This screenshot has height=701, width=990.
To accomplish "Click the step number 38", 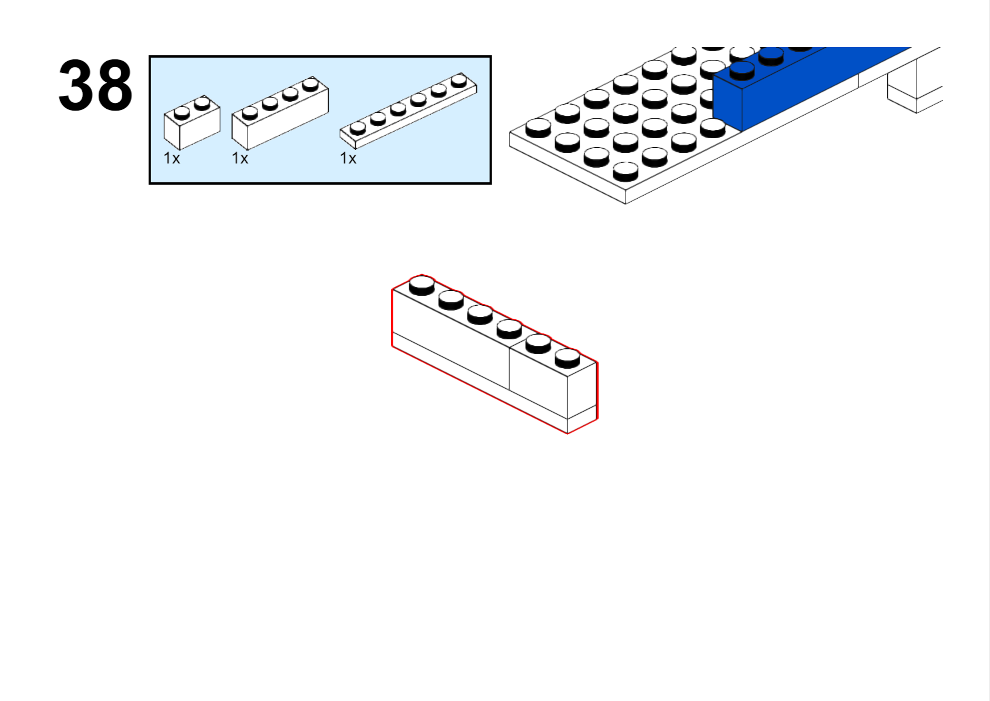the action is pyautogui.click(x=95, y=85).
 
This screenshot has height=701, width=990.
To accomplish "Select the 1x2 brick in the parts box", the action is pyautogui.click(x=192, y=122).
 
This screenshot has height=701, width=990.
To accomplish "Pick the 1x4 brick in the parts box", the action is pyautogui.click(x=280, y=113).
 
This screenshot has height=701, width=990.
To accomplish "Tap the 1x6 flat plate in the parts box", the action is pyautogui.click(x=409, y=111).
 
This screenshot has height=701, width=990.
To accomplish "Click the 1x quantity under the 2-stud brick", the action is pyautogui.click(x=172, y=158).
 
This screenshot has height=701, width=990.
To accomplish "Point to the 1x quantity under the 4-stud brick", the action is pyautogui.click(x=240, y=158).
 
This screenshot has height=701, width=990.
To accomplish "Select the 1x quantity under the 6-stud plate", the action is pyautogui.click(x=348, y=158).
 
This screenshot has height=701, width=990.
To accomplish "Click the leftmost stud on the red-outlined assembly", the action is pyautogui.click(x=422, y=285).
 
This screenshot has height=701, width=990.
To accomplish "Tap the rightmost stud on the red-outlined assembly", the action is pyautogui.click(x=567, y=358).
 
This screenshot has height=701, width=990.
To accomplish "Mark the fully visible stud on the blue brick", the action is pyautogui.click(x=742, y=71).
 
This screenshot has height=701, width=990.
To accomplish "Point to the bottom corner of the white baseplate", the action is pyautogui.click(x=626, y=203).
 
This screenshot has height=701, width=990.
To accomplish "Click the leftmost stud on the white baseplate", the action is pyautogui.click(x=539, y=128).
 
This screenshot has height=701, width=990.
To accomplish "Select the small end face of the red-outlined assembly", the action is pyautogui.click(x=583, y=398).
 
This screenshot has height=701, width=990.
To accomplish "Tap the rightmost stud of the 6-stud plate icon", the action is pyautogui.click(x=459, y=81).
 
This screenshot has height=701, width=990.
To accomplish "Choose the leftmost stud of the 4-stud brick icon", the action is pyautogui.click(x=250, y=113).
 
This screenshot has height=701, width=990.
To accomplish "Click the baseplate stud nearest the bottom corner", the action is pyautogui.click(x=626, y=172).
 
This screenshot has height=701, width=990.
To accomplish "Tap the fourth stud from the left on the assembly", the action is pyautogui.click(x=509, y=329).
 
